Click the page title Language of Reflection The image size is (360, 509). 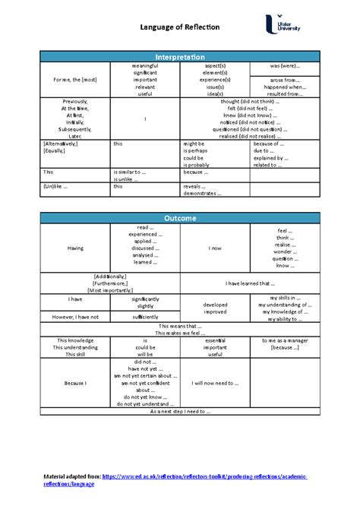pyautogui.click(x=179, y=28)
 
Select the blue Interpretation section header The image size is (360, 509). pyautogui.click(x=179, y=57)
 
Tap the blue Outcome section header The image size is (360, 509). pyautogui.click(x=179, y=219)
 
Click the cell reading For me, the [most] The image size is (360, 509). pyautogui.click(x=74, y=80)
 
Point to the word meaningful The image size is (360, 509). pyautogui.click(x=144, y=66)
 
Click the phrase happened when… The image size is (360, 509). pyautogui.click(x=286, y=87)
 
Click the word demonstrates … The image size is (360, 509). pyautogui.click(x=202, y=193)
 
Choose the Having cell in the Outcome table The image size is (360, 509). pyautogui.click(x=75, y=248)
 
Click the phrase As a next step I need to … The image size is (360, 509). pyautogui.click(x=179, y=411)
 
